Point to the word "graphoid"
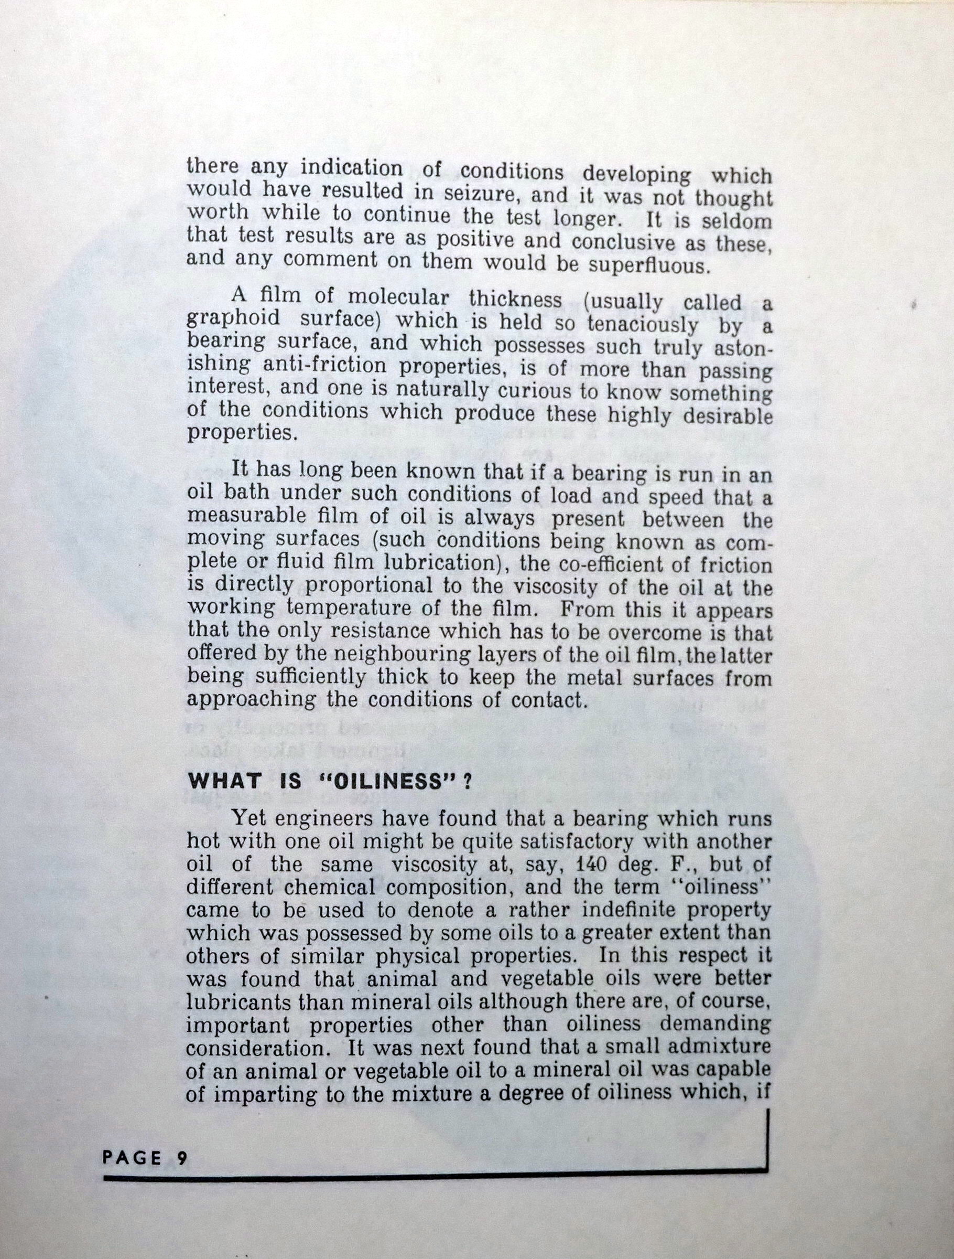click(x=233, y=319)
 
